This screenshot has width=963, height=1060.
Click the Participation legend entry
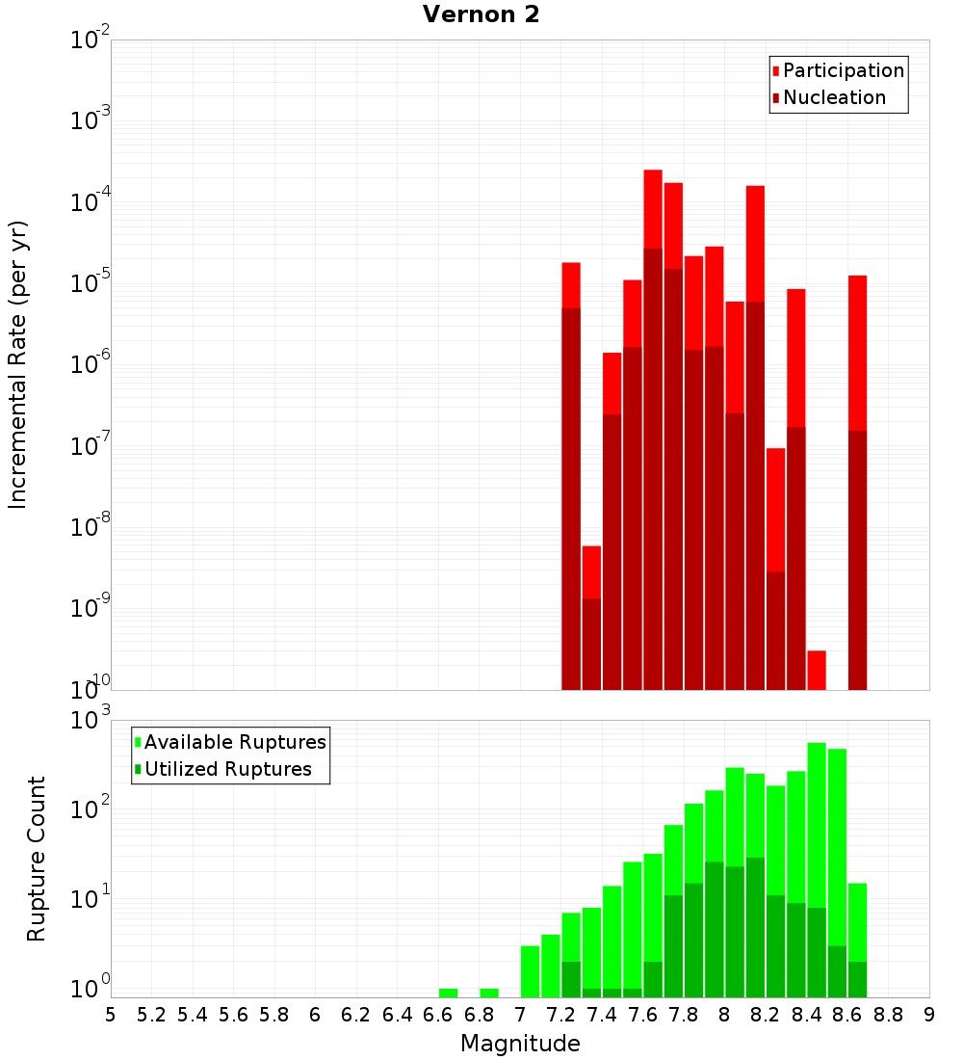(x=844, y=70)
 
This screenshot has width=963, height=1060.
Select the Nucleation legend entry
(x=834, y=97)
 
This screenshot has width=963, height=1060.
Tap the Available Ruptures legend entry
(x=235, y=742)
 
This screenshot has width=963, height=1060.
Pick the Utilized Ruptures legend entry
(x=227, y=769)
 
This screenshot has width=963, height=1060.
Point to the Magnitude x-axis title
(x=520, y=1044)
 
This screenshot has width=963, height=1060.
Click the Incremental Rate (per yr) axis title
(x=18, y=364)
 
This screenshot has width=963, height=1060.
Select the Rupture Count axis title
(x=37, y=859)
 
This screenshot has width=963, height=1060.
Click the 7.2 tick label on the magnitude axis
(x=560, y=1014)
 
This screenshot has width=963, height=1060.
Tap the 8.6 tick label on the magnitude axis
(x=847, y=1014)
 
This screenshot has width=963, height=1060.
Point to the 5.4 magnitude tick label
(x=193, y=1014)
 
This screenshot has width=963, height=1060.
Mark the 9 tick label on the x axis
(x=929, y=1014)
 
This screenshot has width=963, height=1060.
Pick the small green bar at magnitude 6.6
(x=448, y=993)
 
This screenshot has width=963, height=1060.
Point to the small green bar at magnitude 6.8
(x=489, y=993)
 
